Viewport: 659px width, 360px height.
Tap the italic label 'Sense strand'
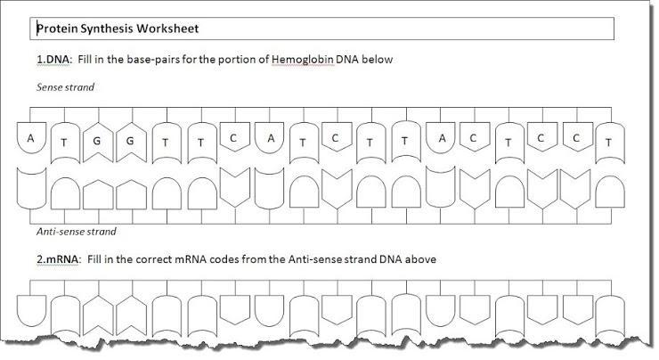[x=65, y=87]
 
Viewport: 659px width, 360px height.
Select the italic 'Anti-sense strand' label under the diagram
[x=77, y=232]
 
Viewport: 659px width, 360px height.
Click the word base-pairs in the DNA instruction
[x=159, y=60]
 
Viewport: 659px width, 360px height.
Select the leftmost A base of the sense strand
[x=31, y=139]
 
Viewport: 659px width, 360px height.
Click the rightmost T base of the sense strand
[x=608, y=143]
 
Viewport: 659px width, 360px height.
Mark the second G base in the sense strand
[x=132, y=141]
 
